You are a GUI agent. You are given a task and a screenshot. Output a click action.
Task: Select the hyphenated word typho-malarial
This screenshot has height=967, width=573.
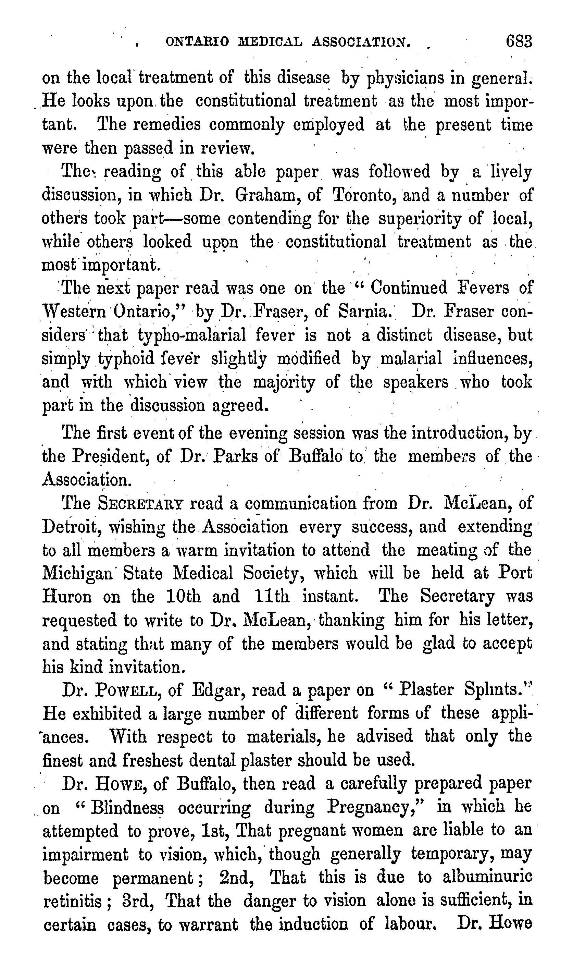click(x=191, y=335)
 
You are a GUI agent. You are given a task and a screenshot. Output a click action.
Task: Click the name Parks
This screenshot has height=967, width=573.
click(x=236, y=456)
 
